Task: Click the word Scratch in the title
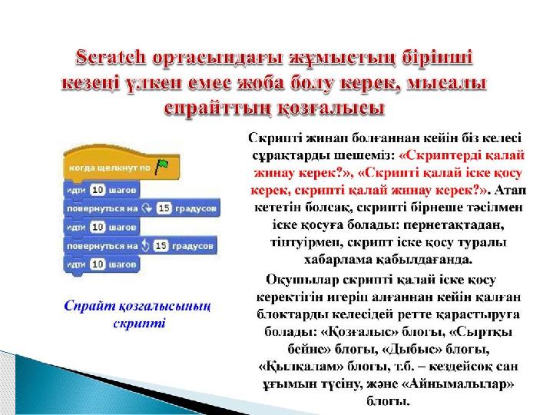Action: pyautogui.click(x=111, y=58)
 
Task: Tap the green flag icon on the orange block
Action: pyautogui.click(x=161, y=166)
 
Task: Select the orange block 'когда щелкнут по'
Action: pyautogui.click(x=121, y=164)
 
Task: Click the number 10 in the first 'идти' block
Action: pyautogui.click(x=98, y=190)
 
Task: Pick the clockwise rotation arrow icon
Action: pyautogui.click(x=147, y=208)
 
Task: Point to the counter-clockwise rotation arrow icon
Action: pyautogui.click(x=145, y=245)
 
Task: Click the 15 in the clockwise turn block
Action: pyautogui.click(x=164, y=208)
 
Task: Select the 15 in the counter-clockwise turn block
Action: pyautogui.click(x=161, y=246)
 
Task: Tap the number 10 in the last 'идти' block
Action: pyautogui.click(x=98, y=264)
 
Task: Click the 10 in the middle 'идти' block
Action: pyautogui.click(x=98, y=227)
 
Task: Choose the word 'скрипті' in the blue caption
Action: pyautogui.click(x=139, y=324)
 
